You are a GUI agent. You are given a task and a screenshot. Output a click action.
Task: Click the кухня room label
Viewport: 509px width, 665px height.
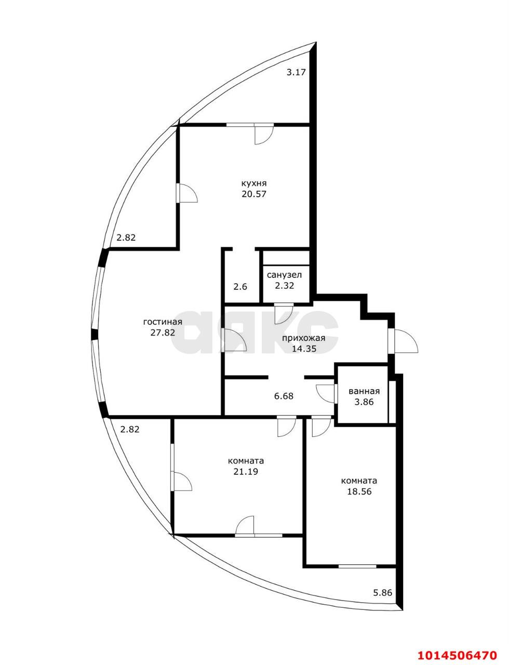point(253,183)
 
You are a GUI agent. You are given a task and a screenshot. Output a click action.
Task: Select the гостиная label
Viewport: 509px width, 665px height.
point(163,322)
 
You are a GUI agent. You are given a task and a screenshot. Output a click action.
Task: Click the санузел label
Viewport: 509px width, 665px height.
point(284,274)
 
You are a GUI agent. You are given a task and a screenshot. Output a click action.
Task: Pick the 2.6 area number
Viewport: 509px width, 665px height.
point(240,286)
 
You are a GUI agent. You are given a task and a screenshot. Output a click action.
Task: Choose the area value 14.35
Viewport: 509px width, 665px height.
point(304,349)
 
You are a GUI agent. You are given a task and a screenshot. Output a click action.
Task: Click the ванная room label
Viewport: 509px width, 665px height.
point(364,391)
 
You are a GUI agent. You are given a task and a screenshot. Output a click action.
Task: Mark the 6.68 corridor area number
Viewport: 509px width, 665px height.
point(284,396)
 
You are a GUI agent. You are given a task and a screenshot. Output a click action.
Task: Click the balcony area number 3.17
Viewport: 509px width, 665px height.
point(296,73)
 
